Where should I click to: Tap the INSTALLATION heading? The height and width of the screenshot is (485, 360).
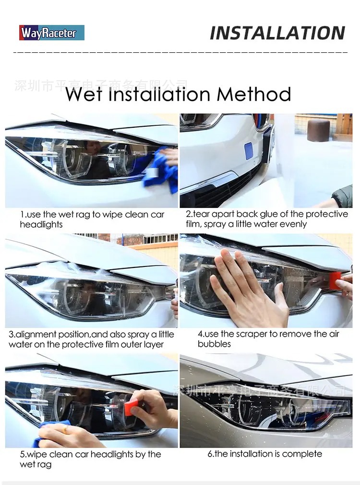277,33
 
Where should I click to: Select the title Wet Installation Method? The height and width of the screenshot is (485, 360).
178,94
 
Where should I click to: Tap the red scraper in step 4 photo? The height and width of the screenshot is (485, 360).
335,280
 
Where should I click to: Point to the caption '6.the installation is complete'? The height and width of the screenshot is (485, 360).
264,454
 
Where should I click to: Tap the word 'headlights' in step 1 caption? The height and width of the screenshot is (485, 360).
41,224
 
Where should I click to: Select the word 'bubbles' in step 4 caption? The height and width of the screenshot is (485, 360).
214,344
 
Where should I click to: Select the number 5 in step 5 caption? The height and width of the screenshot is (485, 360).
22,454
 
